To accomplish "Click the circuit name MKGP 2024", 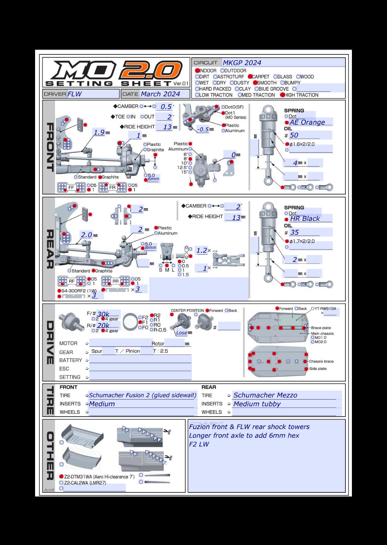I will (x=242, y=63).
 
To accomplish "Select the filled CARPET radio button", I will (x=250, y=77).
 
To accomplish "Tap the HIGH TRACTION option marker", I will (x=282, y=95).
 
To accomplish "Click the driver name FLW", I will (x=75, y=94).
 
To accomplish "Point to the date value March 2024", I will (x=160, y=94).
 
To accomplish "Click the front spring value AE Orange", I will (x=307, y=122).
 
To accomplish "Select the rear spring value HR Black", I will (x=305, y=218).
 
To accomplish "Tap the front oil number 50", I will (x=294, y=135).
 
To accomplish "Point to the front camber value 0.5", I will (x=166, y=107).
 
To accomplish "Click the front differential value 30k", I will (x=103, y=314).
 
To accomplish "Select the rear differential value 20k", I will (x=103, y=325).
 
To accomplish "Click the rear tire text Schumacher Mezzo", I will (x=265, y=395).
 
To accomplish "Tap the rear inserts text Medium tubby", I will (x=257, y=404).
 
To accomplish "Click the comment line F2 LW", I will (x=199, y=444).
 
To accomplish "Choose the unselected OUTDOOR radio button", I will (x=223, y=71).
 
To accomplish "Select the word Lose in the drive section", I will (x=181, y=333).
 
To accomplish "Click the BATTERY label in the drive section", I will (x=71, y=360).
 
